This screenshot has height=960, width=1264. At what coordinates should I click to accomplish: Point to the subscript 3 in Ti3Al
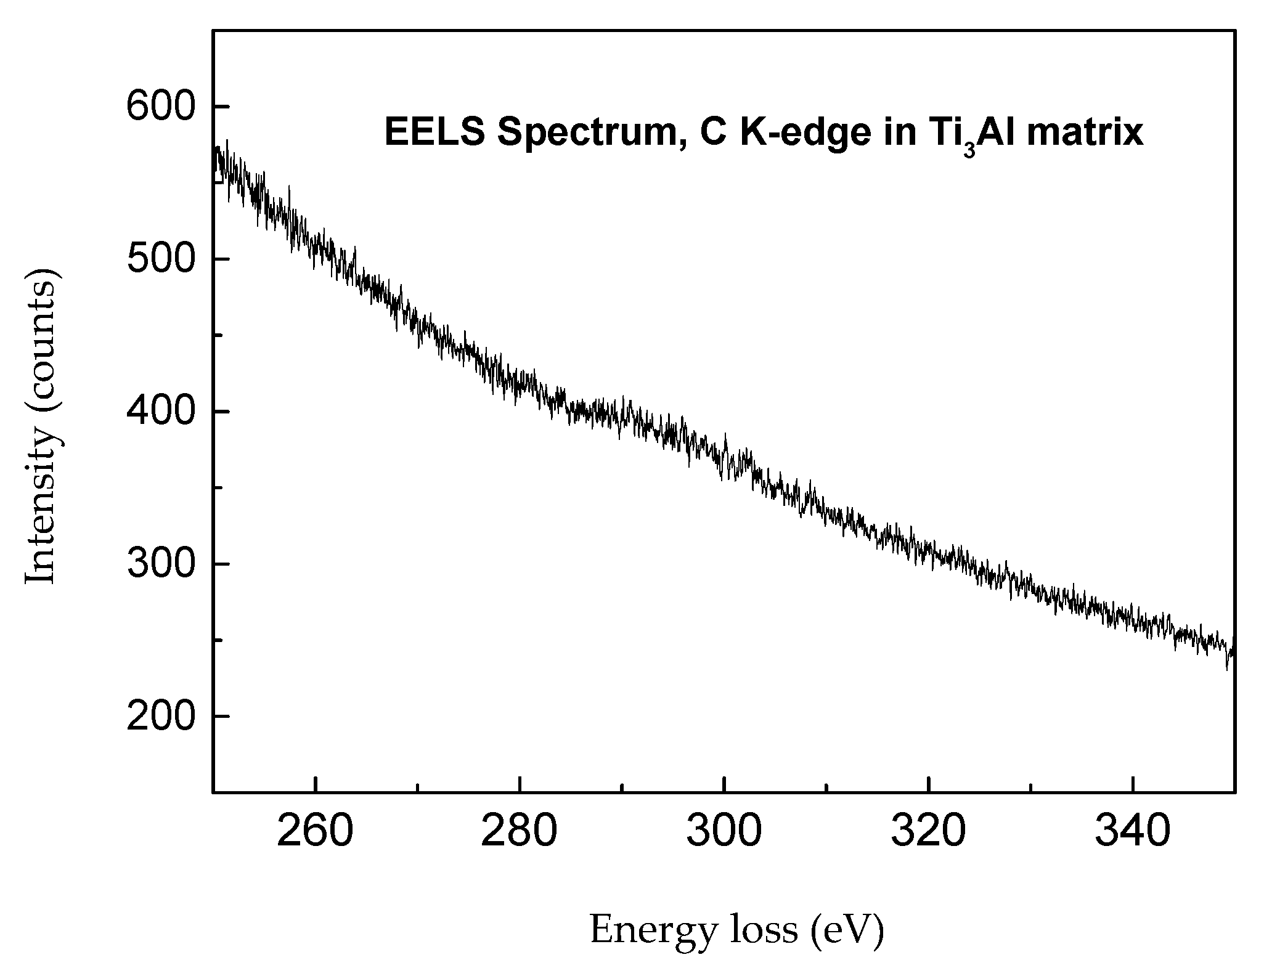pos(969,150)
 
